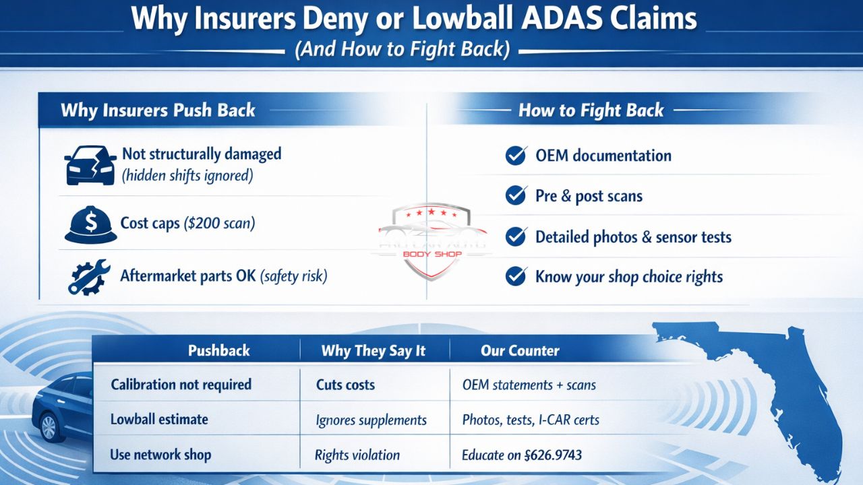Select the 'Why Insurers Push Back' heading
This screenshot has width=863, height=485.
pyautogui.click(x=158, y=110)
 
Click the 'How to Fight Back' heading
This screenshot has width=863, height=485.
pyautogui.click(x=591, y=110)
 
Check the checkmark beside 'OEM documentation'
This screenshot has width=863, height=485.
pyautogui.click(x=516, y=156)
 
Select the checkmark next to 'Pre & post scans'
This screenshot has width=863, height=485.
pyautogui.click(x=516, y=196)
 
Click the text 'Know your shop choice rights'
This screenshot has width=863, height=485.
pyautogui.click(x=628, y=277)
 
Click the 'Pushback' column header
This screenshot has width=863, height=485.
pyautogui.click(x=218, y=351)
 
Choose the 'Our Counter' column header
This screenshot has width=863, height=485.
pyautogui.click(x=520, y=351)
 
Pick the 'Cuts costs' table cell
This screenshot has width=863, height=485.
pyautogui.click(x=345, y=385)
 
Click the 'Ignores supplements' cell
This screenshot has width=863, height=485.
pyautogui.click(x=371, y=420)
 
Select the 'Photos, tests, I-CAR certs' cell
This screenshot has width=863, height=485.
pyautogui.click(x=531, y=420)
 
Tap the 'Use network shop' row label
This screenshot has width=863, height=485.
pyautogui.click(x=160, y=455)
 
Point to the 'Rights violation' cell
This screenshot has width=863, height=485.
pyautogui.click(x=357, y=455)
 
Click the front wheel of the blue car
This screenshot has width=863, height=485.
pyautogui.click(x=49, y=427)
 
